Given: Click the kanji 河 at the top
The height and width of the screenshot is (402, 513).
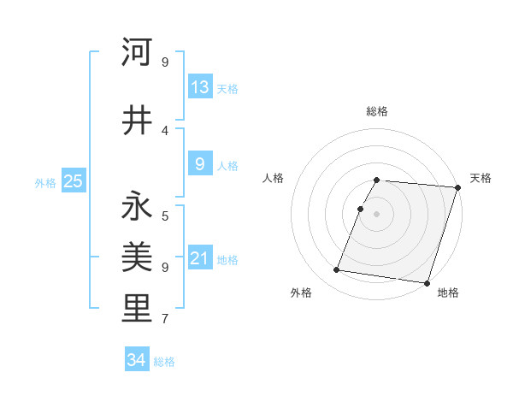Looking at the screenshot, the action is (x=137, y=53).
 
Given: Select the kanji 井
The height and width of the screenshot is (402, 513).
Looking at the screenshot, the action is (x=137, y=120).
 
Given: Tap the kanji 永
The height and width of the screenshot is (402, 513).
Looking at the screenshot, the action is (x=137, y=206).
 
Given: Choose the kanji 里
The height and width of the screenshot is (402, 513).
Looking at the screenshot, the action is (x=137, y=310).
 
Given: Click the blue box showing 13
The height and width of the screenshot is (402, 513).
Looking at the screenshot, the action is (x=199, y=87).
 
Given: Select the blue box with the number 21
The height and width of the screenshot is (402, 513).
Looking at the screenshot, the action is (x=199, y=258).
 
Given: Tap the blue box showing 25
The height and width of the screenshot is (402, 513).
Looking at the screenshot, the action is (x=73, y=180).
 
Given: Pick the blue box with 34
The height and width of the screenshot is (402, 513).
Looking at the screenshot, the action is (x=137, y=360).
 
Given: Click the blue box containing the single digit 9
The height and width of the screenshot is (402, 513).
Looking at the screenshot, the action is (x=199, y=164).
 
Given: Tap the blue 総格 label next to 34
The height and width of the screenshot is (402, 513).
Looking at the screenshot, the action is (x=164, y=362).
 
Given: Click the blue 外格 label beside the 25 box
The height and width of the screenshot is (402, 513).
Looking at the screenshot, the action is (x=45, y=182).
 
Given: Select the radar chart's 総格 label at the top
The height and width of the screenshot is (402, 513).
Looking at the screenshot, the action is (x=377, y=111).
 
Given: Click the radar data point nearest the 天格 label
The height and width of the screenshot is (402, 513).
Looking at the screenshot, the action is (x=457, y=187).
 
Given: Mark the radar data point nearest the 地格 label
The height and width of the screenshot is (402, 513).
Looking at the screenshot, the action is (x=427, y=282).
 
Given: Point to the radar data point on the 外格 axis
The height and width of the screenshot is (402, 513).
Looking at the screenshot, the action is (x=337, y=270).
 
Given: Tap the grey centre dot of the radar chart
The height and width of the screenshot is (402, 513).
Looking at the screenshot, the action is (x=377, y=214).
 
